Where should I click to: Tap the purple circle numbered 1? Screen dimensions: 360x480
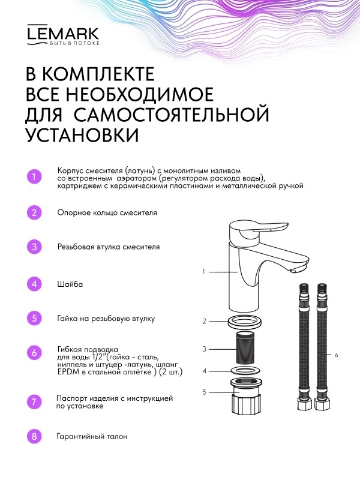click(34, 176)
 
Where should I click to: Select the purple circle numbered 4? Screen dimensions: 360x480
click(34, 284)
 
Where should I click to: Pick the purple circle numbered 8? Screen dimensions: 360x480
click(34, 436)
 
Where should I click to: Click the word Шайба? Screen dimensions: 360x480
click(70, 284)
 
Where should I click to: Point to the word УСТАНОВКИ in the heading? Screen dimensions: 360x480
click(82, 134)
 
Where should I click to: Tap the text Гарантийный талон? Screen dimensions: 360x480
click(92, 437)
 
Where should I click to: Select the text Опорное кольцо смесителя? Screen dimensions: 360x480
click(107, 213)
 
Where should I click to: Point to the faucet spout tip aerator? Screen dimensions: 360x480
click(297, 269)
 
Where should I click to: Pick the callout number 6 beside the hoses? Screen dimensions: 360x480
click(337, 355)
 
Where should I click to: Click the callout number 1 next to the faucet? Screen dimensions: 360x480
click(204, 272)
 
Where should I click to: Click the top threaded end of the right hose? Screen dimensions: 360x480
click(322, 289)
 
